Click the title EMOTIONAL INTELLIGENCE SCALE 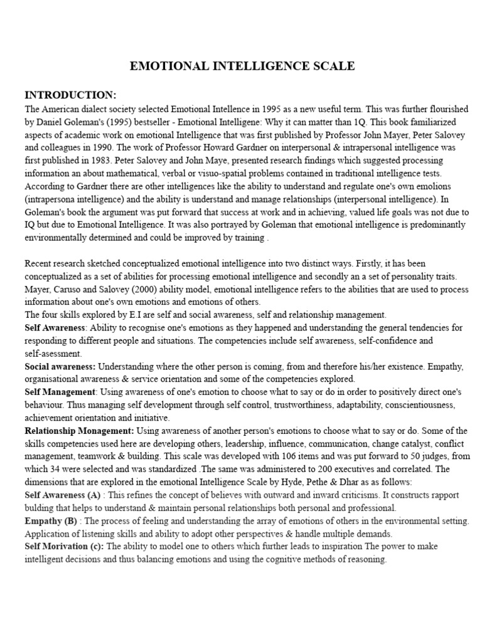[x=242, y=66]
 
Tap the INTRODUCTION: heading [x=70, y=95]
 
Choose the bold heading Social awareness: [x=60, y=366]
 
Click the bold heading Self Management [x=60, y=392]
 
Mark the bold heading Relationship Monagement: [x=79, y=431]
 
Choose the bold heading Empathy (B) [x=51, y=521]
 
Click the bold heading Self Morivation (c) [x=64, y=547]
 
